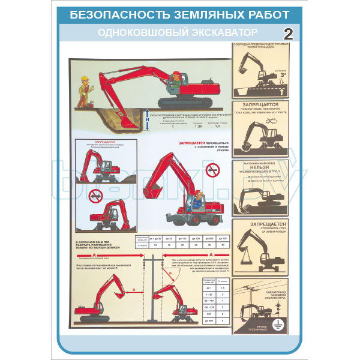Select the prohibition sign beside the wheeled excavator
[212, 171]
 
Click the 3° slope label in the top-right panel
[277, 76]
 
